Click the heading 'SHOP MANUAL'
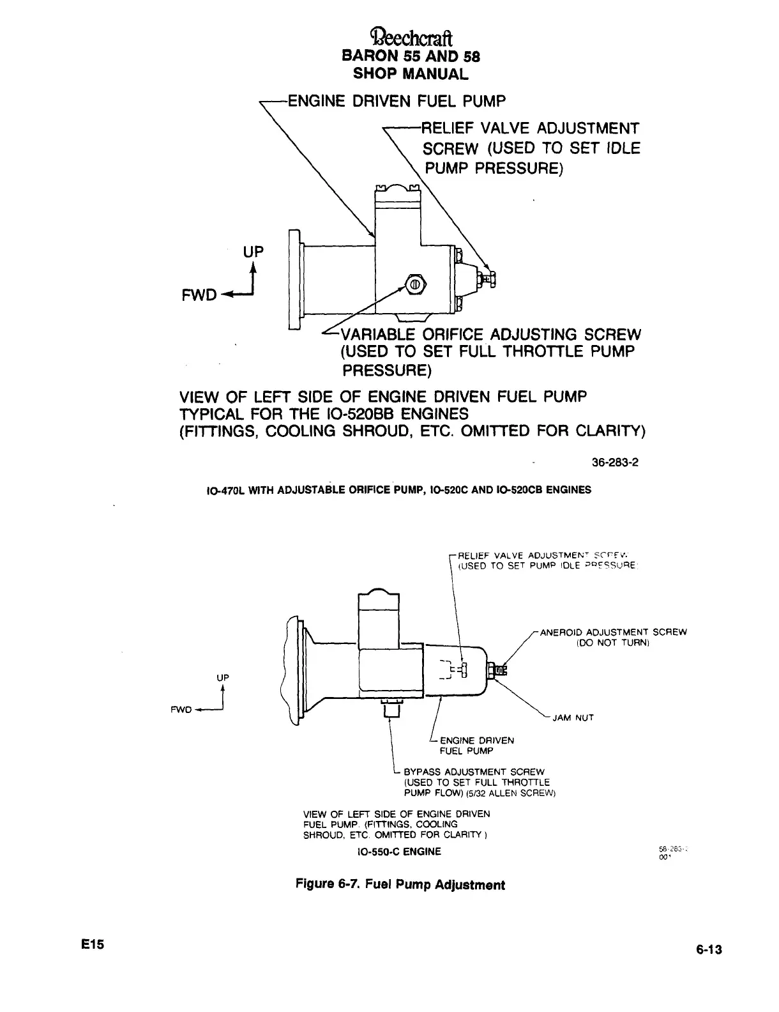click(x=411, y=73)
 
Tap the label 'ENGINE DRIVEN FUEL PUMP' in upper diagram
click(x=396, y=101)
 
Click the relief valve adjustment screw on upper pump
click(x=491, y=277)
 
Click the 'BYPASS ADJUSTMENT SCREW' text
click(x=474, y=772)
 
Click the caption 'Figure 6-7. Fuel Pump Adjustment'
click(x=400, y=885)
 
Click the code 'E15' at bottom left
click(x=93, y=944)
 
